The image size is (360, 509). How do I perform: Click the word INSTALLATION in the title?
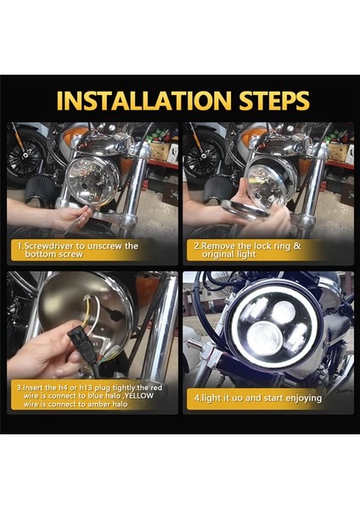tap(143, 100)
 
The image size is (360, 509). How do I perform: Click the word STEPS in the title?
tap(274, 100)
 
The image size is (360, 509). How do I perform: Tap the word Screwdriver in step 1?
tap(49, 246)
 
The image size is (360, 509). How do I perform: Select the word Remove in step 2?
tap(218, 246)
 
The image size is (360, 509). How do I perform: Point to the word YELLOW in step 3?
tap(138, 395)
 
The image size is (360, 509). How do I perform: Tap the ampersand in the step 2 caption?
tap(296, 246)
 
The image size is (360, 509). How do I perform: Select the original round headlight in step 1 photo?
tap(93, 181)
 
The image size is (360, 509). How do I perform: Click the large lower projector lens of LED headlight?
tap(264, 338)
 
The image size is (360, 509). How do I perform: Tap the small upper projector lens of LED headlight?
tap(284, 312)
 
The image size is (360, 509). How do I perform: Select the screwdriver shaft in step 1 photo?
tap(76, 222)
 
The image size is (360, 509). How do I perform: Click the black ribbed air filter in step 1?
tap(40, 191)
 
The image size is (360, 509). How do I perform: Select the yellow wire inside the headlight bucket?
tap(86, 312)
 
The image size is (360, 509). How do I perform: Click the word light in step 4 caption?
tap(211, 399)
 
